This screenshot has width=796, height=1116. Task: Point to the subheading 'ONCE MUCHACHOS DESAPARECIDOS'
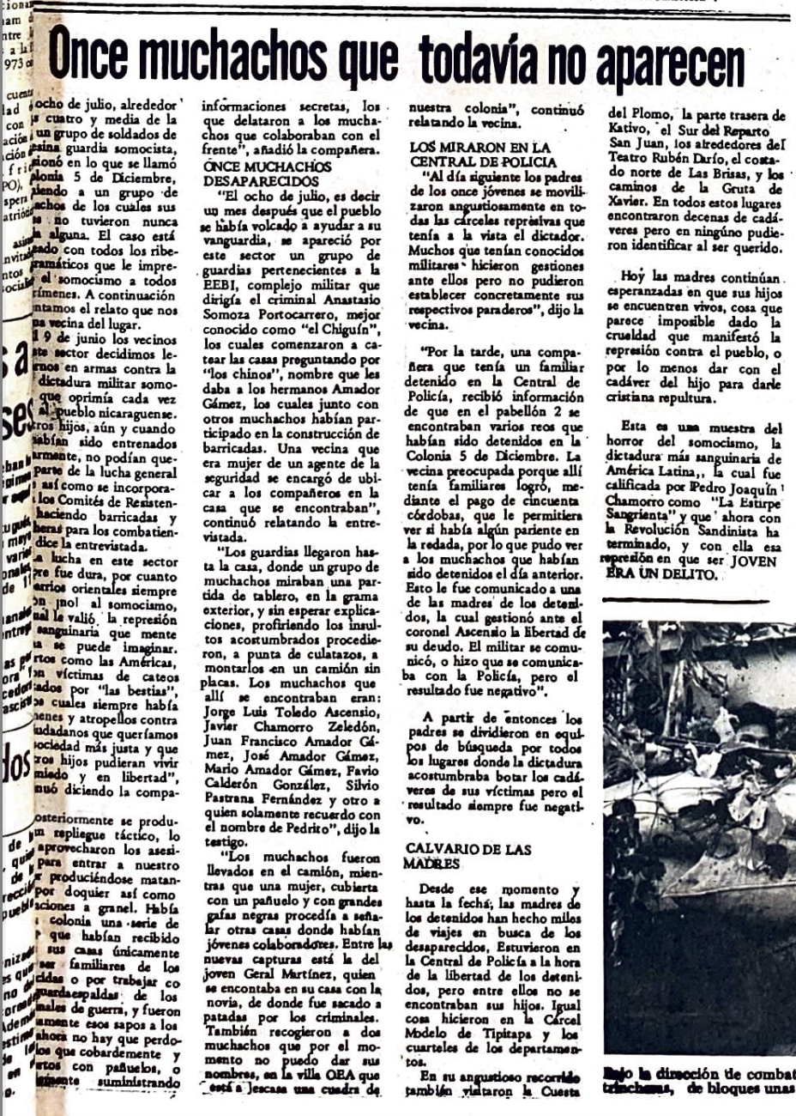(267, 173)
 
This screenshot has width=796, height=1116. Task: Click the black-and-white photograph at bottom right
(699, 837)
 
